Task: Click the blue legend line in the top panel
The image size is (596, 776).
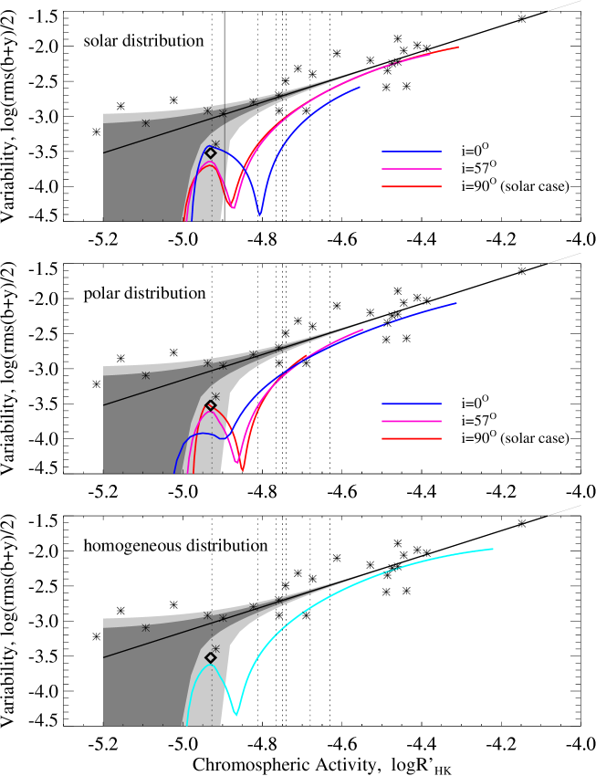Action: [x=412, y=152]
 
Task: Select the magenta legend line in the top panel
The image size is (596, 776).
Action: [x=412, y=169]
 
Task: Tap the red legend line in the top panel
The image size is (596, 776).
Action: [x=412, y=186]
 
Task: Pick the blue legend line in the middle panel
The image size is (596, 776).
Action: [x=412, y=404]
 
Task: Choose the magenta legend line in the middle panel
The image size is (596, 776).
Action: [x=412, y=421]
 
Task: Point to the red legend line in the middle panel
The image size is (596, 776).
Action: [x=412, y=438]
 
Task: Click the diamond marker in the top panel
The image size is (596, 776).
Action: [x=211, y=153]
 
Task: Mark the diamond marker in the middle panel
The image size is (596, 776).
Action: [x=211, y=405]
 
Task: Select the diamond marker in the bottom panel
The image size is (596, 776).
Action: [x=211, y=657]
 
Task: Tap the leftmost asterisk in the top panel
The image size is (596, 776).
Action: [x=145, y=123]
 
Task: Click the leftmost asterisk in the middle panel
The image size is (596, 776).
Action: [x=145, y=375]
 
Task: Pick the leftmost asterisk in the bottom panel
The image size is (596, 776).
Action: [x=145, y=628]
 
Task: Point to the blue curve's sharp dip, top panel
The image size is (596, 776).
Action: [x=260, y=215]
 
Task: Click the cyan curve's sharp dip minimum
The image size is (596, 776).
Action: [x=236, y=714]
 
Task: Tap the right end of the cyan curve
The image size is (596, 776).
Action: [x=493, y=549]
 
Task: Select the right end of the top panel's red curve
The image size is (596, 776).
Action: [x=458, y=47]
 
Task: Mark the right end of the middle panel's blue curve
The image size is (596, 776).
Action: [x=455, y=303]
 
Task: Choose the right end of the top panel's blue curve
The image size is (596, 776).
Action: [x=360, y=88]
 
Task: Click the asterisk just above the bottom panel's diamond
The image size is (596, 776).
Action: [x=215, y=648]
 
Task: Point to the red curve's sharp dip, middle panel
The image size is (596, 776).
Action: [x=242, y=469]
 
